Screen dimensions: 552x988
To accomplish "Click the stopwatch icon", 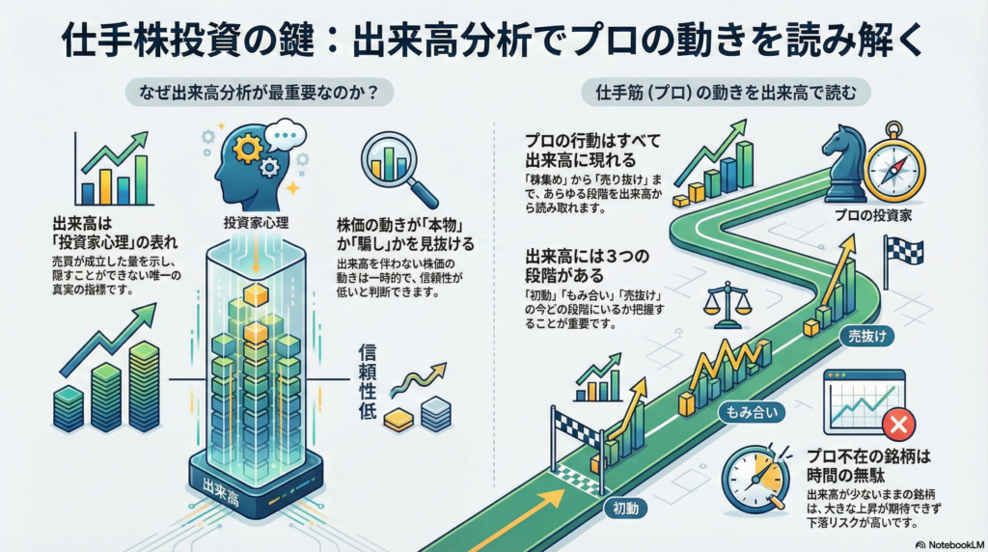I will point(750,475).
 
